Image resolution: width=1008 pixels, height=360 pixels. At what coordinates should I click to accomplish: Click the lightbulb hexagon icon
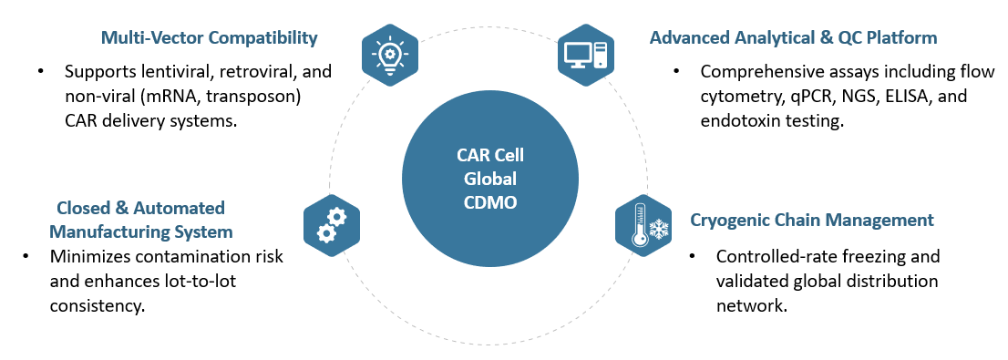pyautogui.click(x=389, y=55)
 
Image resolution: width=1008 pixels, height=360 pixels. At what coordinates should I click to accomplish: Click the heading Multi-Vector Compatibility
pyautogui.click(x=209, y=37)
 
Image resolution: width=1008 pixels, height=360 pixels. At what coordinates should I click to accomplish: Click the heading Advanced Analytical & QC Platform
pyautogui.click(x=793, y=37)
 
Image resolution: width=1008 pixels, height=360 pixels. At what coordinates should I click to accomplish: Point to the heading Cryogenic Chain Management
pyautogui.click(x=811, y=220)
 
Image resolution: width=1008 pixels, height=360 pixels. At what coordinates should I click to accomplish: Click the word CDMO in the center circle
pyautogui.click(x=489, y=202)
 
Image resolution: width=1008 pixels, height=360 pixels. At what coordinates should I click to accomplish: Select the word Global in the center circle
pyautogui.click(x=489, y=178)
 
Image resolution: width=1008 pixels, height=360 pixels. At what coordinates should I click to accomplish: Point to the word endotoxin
pyautogui.click(x=739, y=120)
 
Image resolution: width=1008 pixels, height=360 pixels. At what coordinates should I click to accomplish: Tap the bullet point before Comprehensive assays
pyautogui.click(x=676, y=71)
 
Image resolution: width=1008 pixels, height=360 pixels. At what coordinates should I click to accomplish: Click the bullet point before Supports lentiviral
pyautogui.click(x=40, y=71)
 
